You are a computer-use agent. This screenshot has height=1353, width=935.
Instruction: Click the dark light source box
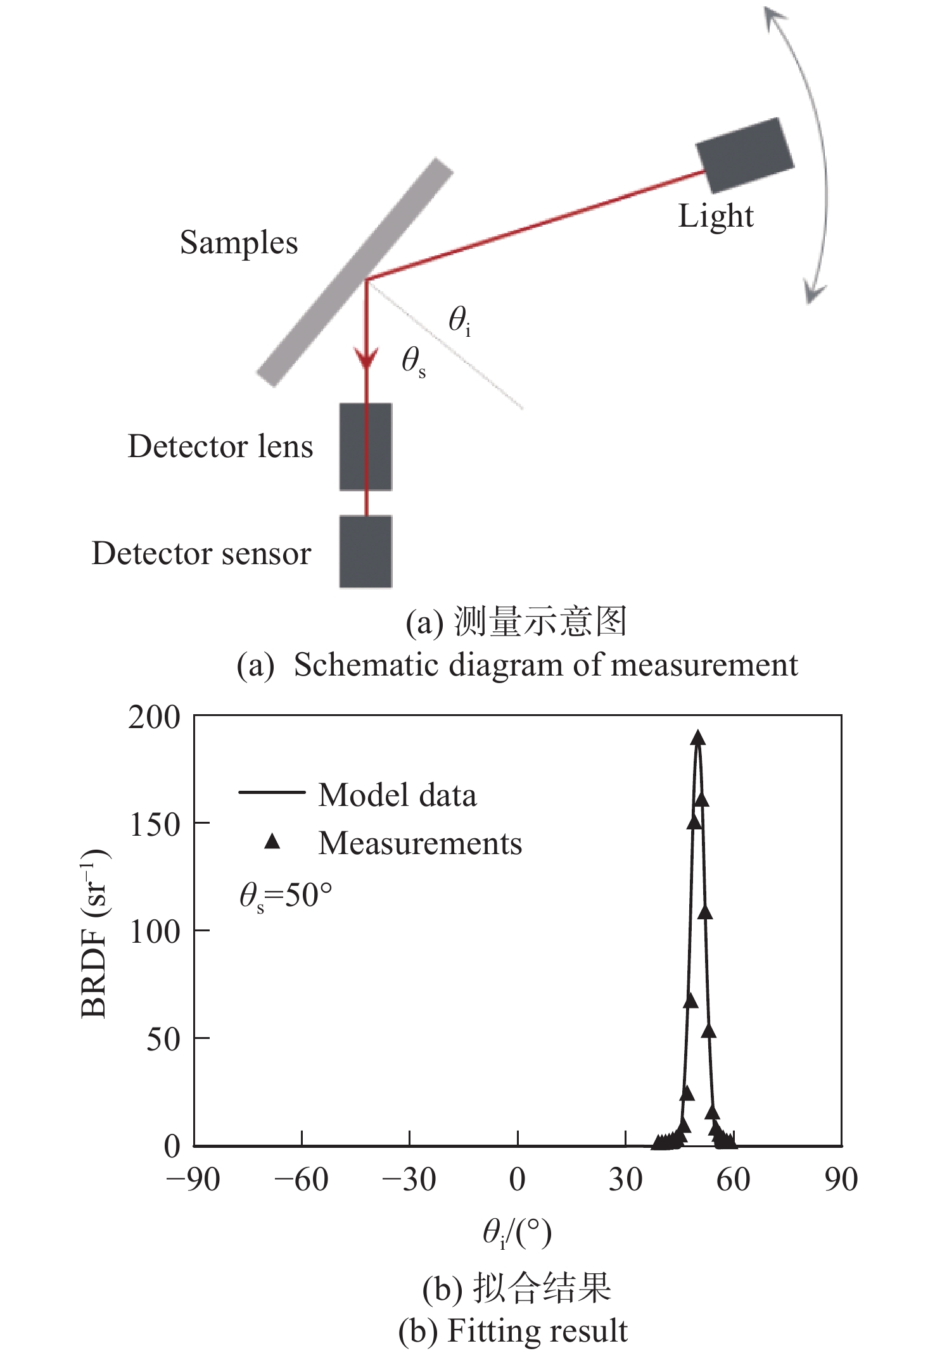pyautogui.click(x=744, y=154)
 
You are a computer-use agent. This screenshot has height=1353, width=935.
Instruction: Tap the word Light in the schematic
pyautogui.click(x=715, y=217)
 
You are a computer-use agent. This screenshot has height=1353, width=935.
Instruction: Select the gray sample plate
pyautogui.click(x=355, y=272)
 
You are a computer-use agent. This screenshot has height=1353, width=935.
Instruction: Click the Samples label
pyautogui.click(x=238, y=243)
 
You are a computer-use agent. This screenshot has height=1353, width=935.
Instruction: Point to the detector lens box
pyautogui.click(x=366, y=446)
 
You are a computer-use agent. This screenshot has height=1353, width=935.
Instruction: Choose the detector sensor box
pyautogui.click(x=366, y=551)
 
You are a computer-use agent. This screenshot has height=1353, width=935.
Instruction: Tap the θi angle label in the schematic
pyautogui.click(x=459, y=320)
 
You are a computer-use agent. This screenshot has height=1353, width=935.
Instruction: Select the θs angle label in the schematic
pyautogui.click(x=413, y=363)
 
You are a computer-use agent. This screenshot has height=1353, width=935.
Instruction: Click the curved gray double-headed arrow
pyautogui.click(x=817, y=152)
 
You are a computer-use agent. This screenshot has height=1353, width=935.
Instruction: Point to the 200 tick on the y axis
pyautogui.click(x=155, y=717)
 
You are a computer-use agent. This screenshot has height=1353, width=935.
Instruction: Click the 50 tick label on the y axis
pyautogui.click(x=163, y=1039)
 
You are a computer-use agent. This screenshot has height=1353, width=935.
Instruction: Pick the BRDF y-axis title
pyautogui.click(x=95, y=934)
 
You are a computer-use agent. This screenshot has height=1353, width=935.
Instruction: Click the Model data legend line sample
pyautogui.click(x=272, y=792)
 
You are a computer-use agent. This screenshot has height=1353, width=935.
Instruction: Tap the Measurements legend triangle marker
pyautogui.click(x=272, y=841)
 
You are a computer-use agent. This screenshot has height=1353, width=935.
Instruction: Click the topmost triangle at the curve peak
pyautogui.click(x=698, y=738)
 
